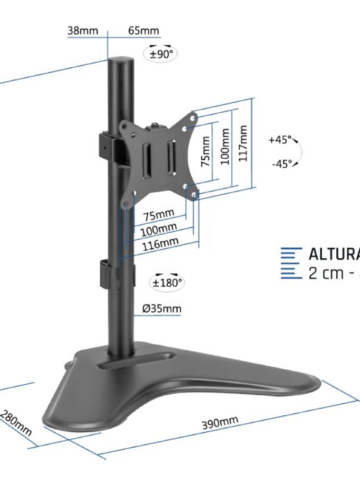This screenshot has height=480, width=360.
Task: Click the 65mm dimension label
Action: [143, 31]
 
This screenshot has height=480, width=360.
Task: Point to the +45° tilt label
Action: [279, 140]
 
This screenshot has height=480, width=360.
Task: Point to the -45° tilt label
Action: [282, 164]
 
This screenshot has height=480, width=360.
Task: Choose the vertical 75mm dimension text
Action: [206, 152]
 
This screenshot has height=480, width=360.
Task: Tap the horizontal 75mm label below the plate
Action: [159, 216]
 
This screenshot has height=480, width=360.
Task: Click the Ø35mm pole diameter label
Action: [162, 309]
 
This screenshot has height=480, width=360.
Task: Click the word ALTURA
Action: [334, 254]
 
